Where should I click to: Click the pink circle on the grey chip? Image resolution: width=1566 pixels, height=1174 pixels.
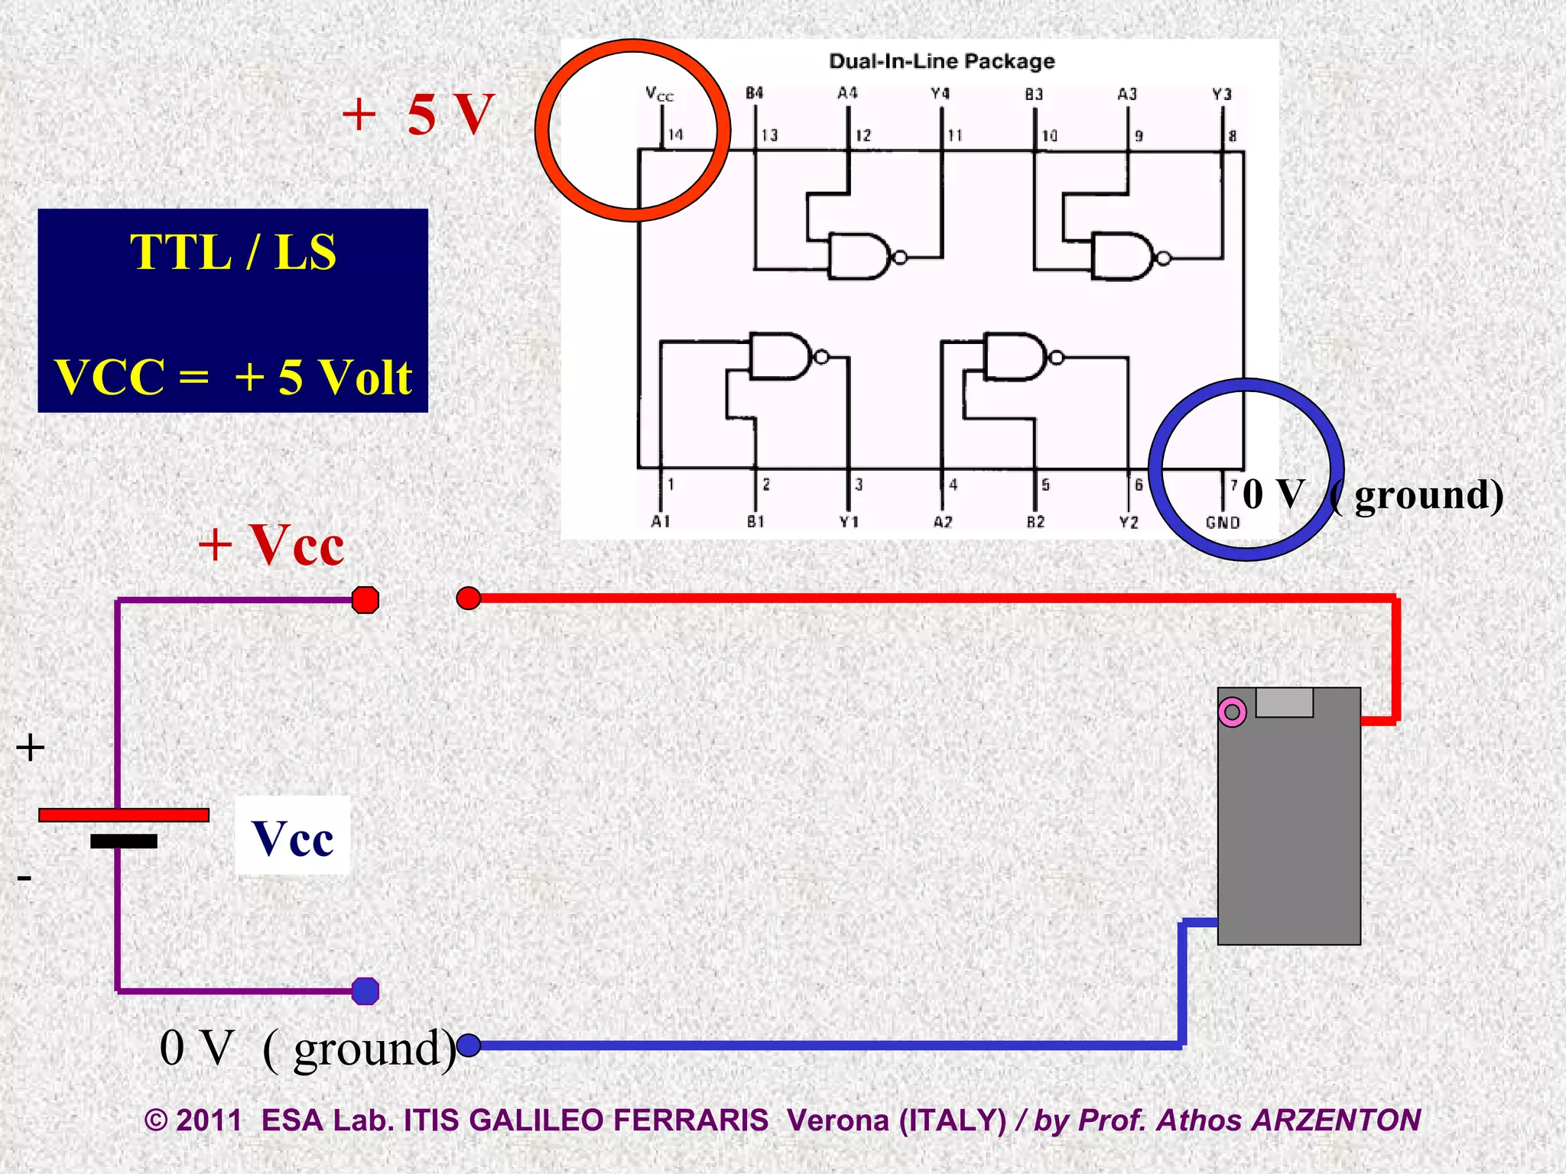point(1232,712)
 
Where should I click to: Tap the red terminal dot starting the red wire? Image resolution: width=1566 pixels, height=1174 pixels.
point(468,598)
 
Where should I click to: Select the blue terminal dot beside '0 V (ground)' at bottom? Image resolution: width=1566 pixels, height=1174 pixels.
point(468,1044)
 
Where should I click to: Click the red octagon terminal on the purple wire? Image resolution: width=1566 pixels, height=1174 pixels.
point(366,600)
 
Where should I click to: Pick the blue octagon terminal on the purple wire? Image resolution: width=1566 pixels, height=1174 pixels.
point(366,991)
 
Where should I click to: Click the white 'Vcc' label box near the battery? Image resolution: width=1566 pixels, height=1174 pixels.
point(292,836)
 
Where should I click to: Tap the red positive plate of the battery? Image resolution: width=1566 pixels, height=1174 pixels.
point(123,815)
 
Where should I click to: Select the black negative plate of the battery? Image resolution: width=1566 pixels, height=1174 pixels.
point(123,841)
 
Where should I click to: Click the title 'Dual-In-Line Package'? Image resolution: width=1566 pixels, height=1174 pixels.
point(941,61)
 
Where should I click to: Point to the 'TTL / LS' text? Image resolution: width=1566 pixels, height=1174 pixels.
point(233,251)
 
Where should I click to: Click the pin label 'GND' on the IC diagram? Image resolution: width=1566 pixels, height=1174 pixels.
point(1222,523)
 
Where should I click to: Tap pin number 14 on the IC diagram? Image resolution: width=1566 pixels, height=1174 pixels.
point(675,135)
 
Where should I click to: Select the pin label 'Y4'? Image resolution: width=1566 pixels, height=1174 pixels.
point(940,94)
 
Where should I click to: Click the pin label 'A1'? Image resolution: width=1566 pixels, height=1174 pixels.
point(661,521)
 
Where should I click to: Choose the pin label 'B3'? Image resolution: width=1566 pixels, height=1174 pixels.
point(1034,94)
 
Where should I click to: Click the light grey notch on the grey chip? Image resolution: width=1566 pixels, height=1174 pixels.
point(1284,702)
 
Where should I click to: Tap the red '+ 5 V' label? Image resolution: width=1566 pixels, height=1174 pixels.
point(419,115)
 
